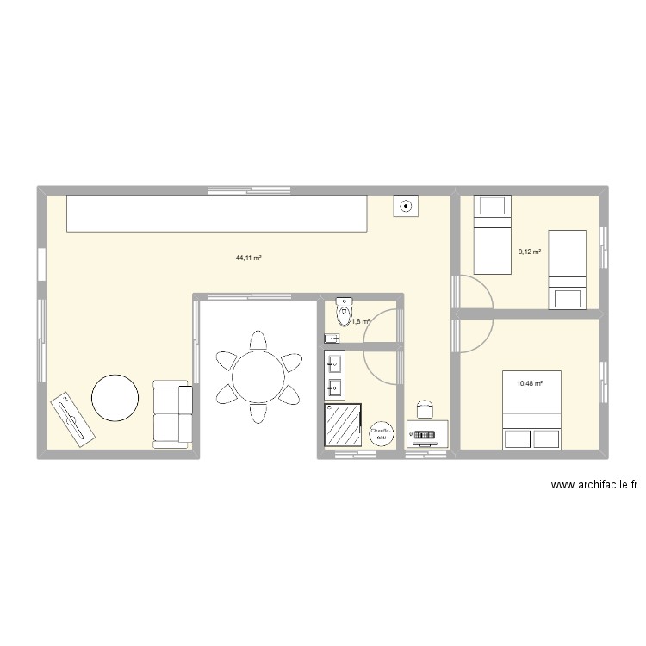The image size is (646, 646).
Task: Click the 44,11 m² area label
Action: pos(248,258)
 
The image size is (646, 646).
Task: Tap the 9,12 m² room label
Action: pos(529,252)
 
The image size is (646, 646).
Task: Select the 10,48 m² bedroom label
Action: pos(529,383)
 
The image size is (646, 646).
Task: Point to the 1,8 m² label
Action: pos(360,322)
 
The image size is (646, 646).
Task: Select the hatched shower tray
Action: pos(342,425)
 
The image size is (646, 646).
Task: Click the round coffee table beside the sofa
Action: pos(115,398)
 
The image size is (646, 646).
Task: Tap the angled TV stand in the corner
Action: pos(71,420)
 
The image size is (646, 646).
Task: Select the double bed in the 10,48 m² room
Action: pos(531,410)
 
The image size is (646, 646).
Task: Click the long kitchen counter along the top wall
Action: pos(217,213)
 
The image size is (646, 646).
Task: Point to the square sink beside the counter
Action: pos(406,207)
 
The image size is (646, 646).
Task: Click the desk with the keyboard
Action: pos(427,435)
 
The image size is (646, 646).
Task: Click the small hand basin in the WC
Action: pos(332,339)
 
